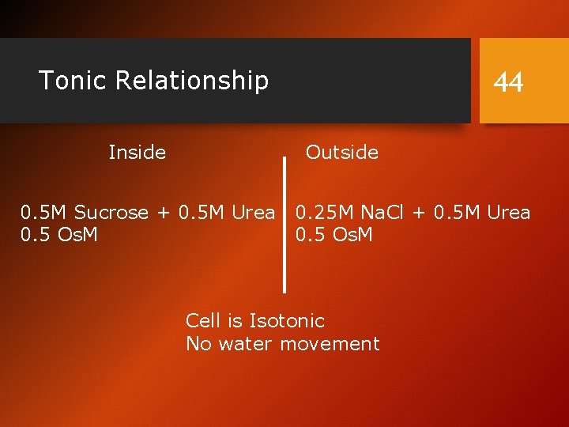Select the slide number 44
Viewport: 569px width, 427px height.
[508, 81]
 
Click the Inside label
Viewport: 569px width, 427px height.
[138, 152]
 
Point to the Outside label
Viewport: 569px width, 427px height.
[342, 152]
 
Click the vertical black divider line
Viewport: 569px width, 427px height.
[284, 225]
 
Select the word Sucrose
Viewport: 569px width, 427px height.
[111, 213]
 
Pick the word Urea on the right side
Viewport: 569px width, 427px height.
[508, 213]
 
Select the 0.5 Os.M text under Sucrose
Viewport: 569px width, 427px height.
[59, 235]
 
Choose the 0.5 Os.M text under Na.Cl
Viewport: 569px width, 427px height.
[334, 235]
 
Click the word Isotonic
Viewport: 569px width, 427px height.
[287, 321]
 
